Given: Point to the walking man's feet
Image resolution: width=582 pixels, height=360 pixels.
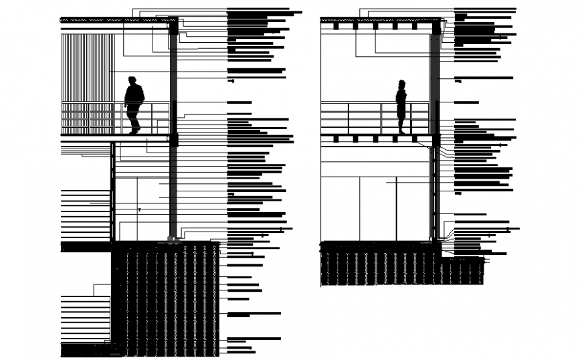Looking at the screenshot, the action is (x=134, y=131).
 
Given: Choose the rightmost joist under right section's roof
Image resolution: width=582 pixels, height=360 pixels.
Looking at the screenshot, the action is (x=415, y=27).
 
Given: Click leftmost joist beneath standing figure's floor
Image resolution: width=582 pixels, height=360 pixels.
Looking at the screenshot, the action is (x=335, y=139).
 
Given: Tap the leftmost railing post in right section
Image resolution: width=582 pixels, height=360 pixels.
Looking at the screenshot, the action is (x=348, y=118).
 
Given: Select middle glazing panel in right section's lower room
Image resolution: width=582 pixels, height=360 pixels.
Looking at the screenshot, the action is (x=378, y=207).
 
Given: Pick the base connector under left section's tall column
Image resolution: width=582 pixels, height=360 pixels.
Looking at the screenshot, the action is (x=173, y=239).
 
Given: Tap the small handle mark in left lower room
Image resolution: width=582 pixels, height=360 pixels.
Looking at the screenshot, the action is (x=139, y=209).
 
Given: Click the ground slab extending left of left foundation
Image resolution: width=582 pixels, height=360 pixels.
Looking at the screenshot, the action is (x=86, y=246).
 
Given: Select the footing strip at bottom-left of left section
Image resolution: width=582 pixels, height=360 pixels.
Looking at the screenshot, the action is (x=87, y=349).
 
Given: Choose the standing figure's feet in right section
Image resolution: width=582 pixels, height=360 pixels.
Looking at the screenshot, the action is (x=401, y=132).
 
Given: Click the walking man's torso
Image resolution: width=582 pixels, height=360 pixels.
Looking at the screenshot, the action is (x=134, y=97).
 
